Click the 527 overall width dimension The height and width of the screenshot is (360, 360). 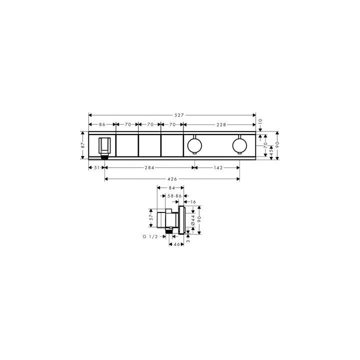(179, 115)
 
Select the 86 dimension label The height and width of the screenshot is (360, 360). (102, 124)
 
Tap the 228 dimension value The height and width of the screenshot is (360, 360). (221, 124)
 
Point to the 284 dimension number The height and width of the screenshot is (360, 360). (149, 168)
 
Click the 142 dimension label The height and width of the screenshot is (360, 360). (218, 168)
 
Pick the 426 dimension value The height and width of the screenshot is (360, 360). (172, 179)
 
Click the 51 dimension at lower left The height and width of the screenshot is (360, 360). (97, 168)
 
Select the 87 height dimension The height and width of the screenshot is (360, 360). (83, 145)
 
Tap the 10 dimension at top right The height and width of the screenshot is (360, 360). (260, 121)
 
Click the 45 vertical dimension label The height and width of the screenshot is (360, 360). (271, 151)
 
